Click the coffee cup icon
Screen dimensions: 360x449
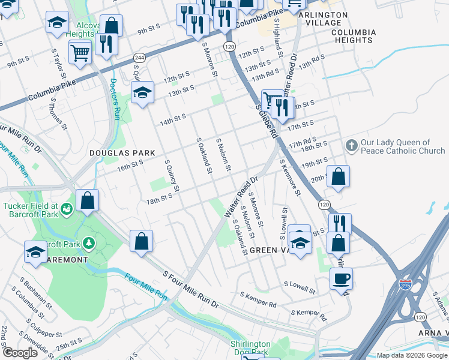pyautogui.click(x=341, y=278)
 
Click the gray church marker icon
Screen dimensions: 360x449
pyautogui.click(x=351, y=146)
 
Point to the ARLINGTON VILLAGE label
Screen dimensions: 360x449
pyautogui.click(x=322, y=19)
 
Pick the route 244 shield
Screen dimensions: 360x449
pyautogui.click(x=140, y=58)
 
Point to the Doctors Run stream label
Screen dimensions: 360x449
pyautogui.click(x=115, y=100)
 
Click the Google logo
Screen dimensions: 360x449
pyautogui.click(x=20, y=352)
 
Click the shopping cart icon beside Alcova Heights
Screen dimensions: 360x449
pyautogui.click(x=79, y=52)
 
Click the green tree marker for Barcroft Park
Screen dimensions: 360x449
pyautogui.click(x=89, y=242)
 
